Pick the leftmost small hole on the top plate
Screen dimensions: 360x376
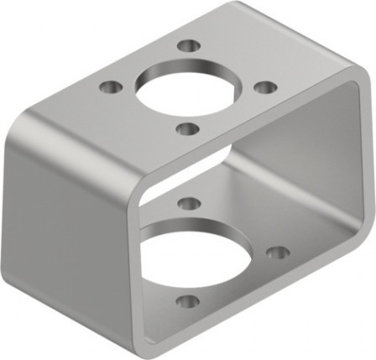click(x=110, y=86)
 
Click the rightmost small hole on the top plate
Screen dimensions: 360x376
click(x=264, y=86)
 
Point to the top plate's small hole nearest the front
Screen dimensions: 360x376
click(x=189, y=128)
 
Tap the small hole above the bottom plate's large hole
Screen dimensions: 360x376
click(x=190, y=203)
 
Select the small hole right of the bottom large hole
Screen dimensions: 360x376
click(x=278, y=252)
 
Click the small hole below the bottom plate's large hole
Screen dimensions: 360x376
click(x=188, y=300)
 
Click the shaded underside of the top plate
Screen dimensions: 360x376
click(x=252, y=159)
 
